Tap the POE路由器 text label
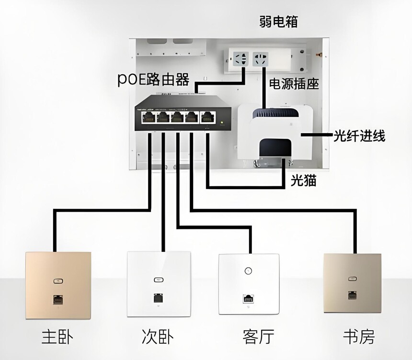point(153,79)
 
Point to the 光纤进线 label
point(359,136)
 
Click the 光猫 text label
point(304,180)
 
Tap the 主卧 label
point(57,336)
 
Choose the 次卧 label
point(158,336)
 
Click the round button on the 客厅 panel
point(248,270)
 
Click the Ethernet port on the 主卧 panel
point(57,301)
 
